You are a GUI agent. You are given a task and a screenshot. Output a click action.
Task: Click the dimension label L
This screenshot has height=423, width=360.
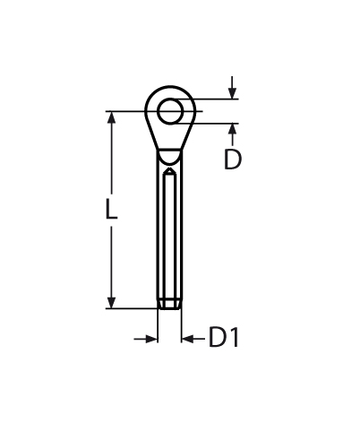pos(111,209)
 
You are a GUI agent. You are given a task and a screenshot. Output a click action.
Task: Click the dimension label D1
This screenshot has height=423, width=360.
pos(224,337)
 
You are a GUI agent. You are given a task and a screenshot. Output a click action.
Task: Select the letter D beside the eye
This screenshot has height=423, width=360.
pos(232,160)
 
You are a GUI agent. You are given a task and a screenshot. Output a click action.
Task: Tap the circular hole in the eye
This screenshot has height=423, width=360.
pos(170,111)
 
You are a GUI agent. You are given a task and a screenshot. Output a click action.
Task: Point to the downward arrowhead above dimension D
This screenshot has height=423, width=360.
pos(232,93)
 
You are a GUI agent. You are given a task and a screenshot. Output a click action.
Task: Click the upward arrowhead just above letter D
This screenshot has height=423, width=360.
pos(232,129)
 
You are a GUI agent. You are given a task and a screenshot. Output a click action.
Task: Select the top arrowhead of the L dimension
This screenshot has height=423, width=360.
pos(111,117)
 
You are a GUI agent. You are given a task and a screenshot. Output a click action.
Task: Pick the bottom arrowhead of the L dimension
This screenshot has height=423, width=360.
pos(111,302)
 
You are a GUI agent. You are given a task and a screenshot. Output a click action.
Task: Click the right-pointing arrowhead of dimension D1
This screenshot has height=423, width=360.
pos(151,339)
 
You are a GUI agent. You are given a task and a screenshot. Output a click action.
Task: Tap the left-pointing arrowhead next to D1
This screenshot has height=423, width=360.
pos(187,339)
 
